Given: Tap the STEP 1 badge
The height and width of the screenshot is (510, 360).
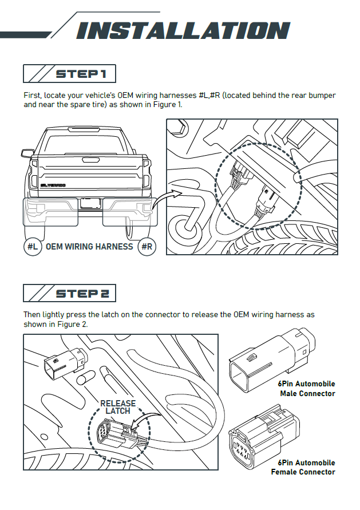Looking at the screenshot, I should pyautogui.click(x=69, y=74).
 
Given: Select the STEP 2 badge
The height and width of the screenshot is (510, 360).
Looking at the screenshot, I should pyautogui.click(x=69, y=293).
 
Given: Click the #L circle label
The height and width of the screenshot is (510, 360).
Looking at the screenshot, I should pyautogui.click(x=33, y=247).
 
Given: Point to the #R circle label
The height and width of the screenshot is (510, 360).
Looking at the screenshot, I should pyautogui.click(x=147, y=247).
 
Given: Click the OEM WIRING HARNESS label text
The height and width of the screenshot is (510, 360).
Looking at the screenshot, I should pyautogui.click(x=89, y=247).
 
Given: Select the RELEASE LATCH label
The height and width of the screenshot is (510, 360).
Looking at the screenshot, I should pyautogui.click(x=118, y=407).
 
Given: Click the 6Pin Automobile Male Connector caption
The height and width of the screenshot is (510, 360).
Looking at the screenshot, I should pyautogui.click(x=307, y=389).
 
